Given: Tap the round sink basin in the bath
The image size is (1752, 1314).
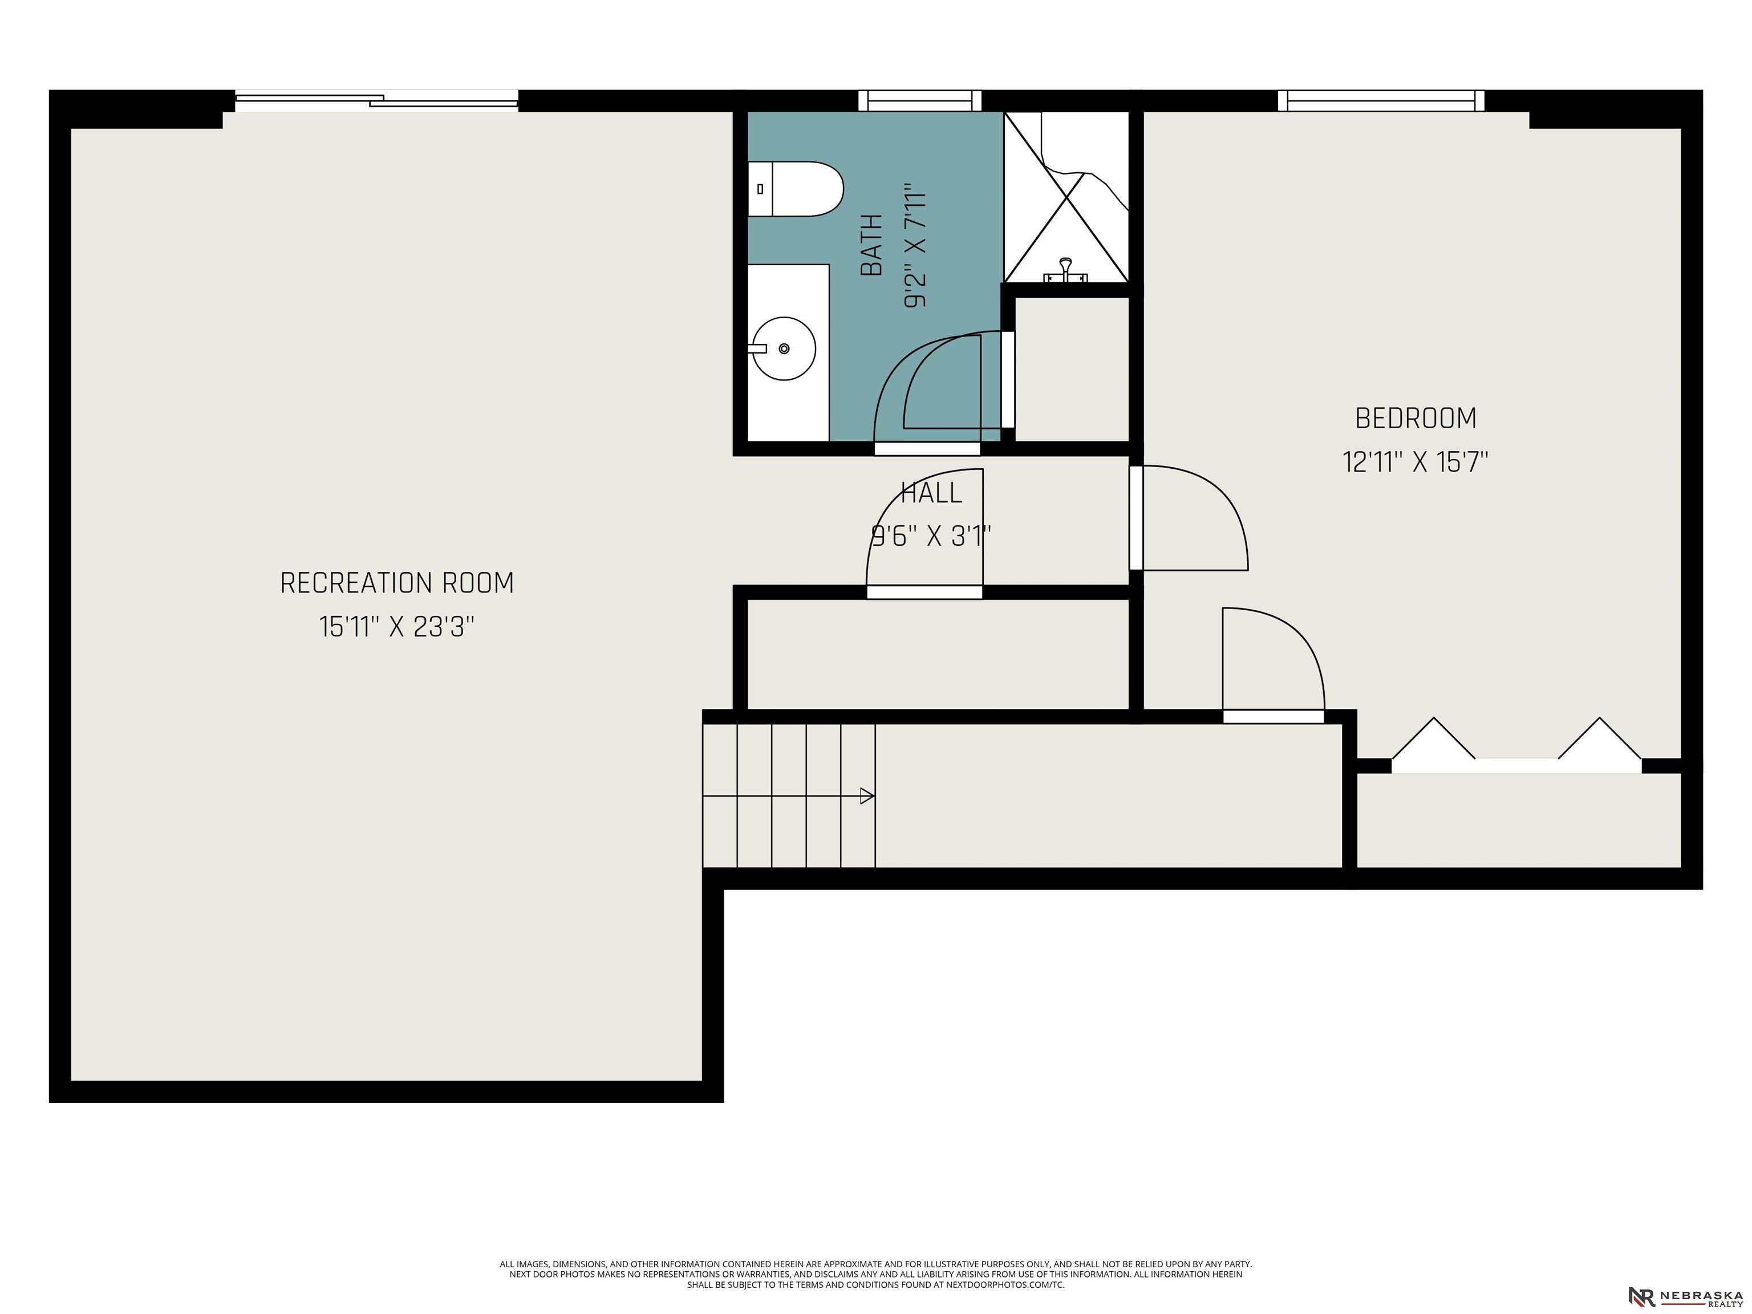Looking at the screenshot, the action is tap(784, 348).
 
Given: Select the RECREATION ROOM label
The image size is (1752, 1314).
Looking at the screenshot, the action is tap(397, 583).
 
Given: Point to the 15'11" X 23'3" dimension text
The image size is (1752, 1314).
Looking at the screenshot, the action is tap(397, 627).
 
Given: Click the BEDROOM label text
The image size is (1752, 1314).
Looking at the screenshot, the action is tap(1416, 418).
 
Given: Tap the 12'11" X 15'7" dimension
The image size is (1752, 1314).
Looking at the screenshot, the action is tap(1416, 462).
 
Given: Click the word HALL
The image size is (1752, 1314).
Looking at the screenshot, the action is tap(931, 493).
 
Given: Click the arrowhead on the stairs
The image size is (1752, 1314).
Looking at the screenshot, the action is tap(867, 796).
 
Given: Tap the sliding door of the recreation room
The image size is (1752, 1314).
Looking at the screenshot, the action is tap(377, 100).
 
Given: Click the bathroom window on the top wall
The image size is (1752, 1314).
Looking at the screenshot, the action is tap(920, 100).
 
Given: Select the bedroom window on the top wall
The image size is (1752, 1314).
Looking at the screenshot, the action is tap(1381, 100).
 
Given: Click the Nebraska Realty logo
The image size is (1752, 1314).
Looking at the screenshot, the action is tap(1685, 1296).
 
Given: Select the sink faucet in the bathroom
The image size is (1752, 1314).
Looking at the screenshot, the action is tap(758, 348).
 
